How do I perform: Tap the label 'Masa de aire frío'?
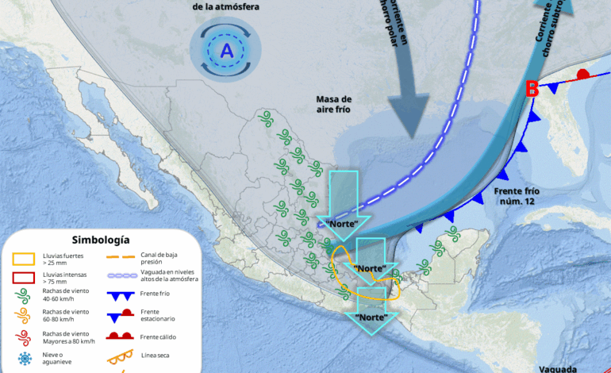click(x=333, y=104)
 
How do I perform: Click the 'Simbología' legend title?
click(x=101, y=240)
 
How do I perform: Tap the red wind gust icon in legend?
click(x=24, y=337)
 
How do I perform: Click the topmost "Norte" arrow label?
click(x=339, y=223)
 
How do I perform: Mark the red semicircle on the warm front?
click(x=582, y=74)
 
